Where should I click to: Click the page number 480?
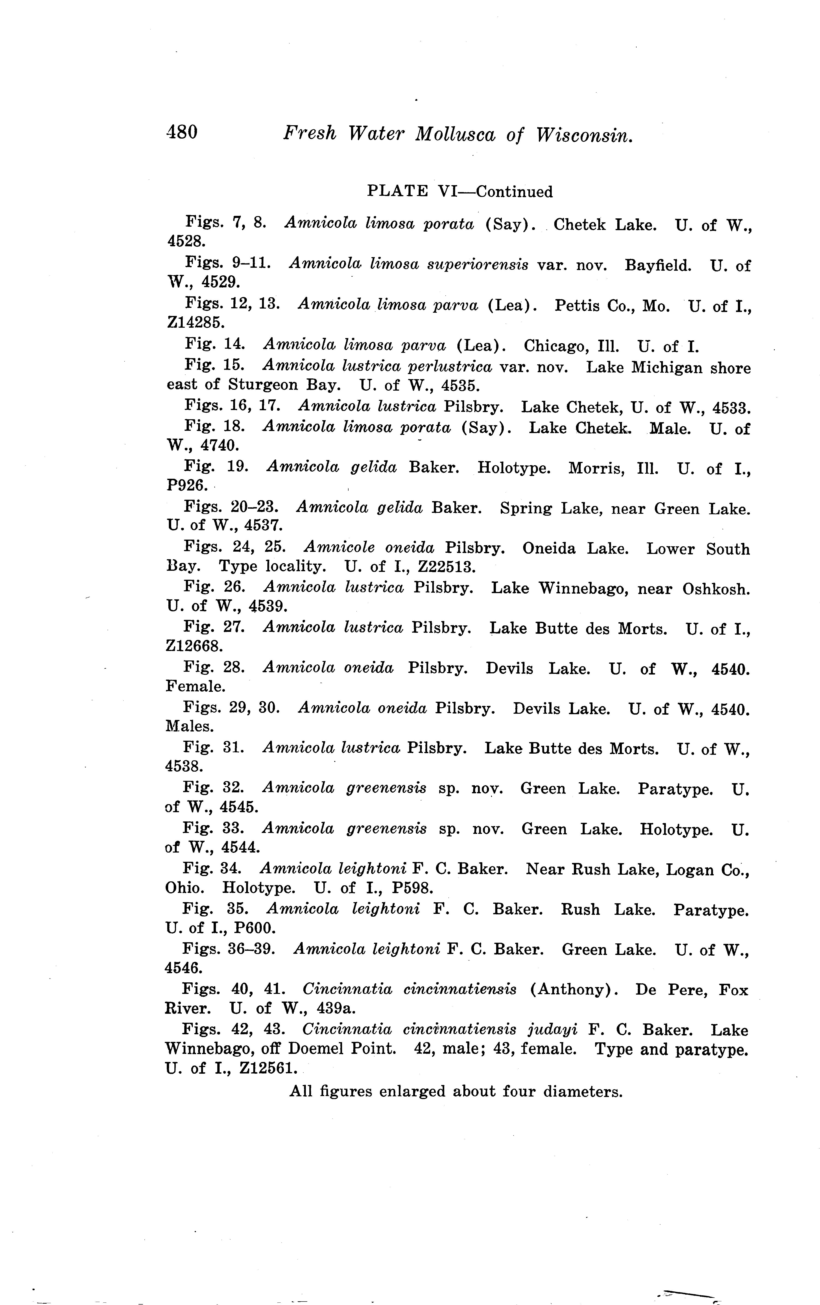[x=182, y=132]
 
